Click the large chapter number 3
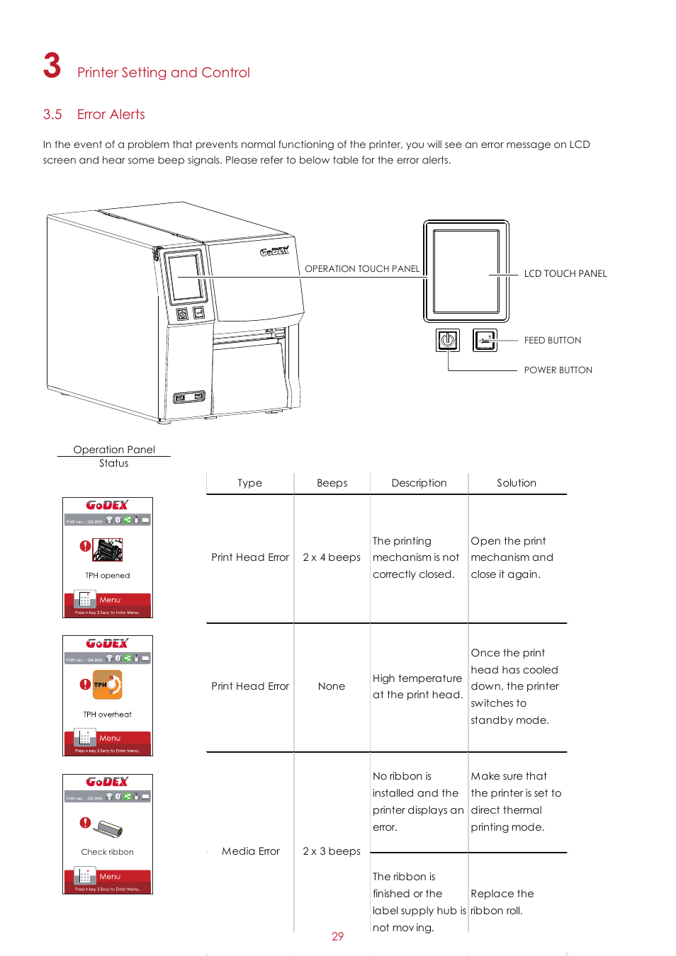pos(52,66)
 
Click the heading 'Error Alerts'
pos(111,115)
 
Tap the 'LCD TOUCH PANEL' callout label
pos(565,274)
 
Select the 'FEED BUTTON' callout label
pos(552,341)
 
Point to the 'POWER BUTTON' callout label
pos(558,370)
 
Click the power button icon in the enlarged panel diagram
pos(447,341)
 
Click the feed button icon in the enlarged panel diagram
pos(485,341)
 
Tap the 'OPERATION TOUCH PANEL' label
pos(361,269)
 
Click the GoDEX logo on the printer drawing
pos(274,251)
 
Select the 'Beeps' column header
pos(332,483)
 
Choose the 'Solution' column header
pos(516,483)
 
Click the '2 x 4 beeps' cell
pos(332,557)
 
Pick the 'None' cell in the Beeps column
pos(331,686)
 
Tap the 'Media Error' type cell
pos(250,851)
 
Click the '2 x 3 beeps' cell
pos(332,851)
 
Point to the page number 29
pos(337,936)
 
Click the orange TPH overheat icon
pos(107,685)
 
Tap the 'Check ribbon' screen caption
pos(107,852)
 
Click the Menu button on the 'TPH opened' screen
pos(108,600)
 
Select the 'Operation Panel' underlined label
pos(113,450)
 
